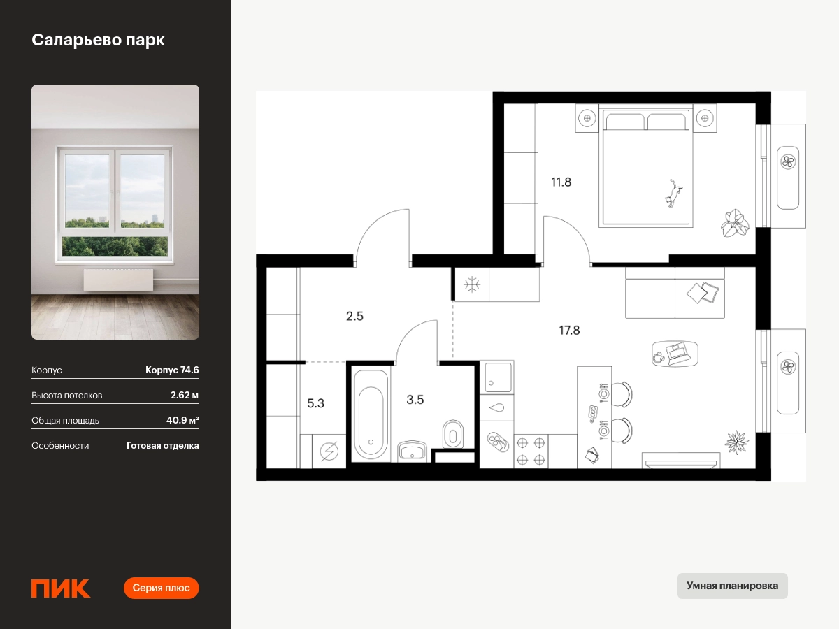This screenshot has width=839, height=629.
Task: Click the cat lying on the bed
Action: click(673, 194)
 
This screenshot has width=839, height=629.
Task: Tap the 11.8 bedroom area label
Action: click(561, 182)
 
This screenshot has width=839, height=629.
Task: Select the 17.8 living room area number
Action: click(569, 331)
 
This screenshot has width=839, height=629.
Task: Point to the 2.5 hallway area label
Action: click(354, 316)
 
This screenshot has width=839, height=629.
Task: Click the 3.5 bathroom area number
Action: click(415, 400)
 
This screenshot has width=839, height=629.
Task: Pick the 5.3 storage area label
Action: click(316, 403)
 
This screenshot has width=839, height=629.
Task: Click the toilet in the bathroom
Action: click(453, 434)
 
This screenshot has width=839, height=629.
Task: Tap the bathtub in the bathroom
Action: click(371, 414)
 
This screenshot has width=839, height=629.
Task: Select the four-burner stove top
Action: click(531, 451)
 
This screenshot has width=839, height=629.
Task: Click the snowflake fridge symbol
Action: click(472, 285)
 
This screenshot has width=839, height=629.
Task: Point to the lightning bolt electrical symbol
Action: click(329, 451)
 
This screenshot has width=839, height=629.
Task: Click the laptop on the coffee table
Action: click(678, 352)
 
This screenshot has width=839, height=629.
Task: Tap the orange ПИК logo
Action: click(61, 588)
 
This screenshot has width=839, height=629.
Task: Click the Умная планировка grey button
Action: click(732, 586)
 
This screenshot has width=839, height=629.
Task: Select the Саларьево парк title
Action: click(99, 40)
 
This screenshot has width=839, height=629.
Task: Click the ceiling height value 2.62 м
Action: click(185, 396)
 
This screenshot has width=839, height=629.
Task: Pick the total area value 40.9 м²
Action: click(182, 421)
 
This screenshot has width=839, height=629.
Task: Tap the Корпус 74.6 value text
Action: click(172, 370)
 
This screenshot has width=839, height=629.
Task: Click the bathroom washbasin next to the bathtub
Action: click(412, 451)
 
